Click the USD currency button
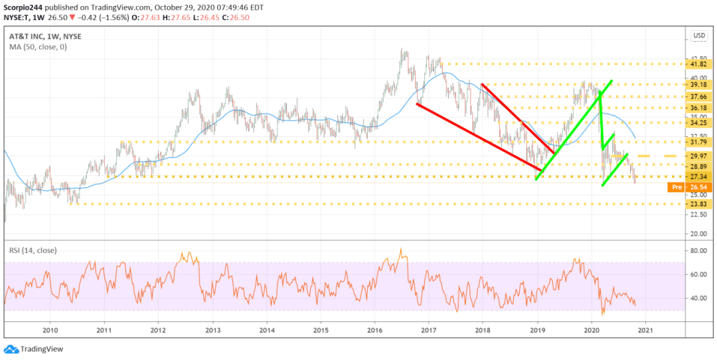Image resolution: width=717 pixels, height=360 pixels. coord(698,35)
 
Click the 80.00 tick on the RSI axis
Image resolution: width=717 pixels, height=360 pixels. coord(696,251)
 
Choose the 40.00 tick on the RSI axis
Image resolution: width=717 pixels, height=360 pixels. coord(696,298)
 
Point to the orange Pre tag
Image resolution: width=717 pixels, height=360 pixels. coord(676,187)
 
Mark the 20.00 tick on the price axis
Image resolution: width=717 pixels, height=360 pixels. coord(696,234)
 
